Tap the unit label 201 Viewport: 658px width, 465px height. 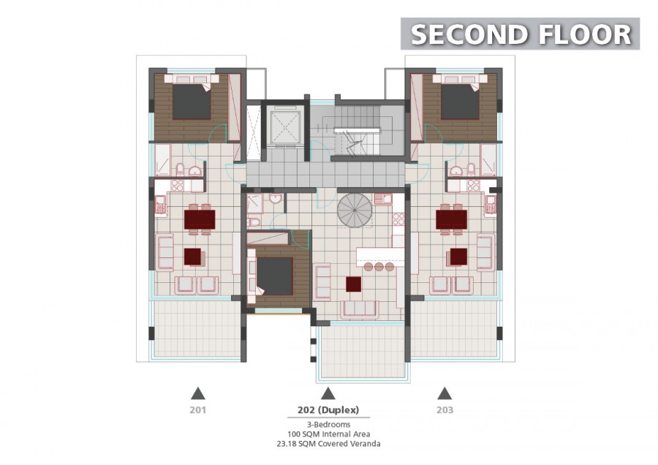(197, 409)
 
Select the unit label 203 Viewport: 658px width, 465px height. (445, 409)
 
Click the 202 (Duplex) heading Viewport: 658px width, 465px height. (328, 409)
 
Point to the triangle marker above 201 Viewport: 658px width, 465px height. (197, 393)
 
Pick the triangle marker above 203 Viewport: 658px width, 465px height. (445, 393)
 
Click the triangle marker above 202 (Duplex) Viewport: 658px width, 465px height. (328, 393)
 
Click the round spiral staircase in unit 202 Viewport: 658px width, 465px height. (355, 211)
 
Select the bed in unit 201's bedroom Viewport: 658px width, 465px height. (192, 98)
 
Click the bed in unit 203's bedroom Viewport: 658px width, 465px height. (460, 98)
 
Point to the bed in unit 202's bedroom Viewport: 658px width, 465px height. (271, 276)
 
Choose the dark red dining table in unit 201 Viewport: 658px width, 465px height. (200, 219)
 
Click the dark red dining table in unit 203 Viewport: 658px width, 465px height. (452, 219)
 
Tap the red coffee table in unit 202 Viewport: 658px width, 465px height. (353, 284)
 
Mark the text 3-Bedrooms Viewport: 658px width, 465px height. (328, 425)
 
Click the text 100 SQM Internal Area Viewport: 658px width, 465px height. (328, 434)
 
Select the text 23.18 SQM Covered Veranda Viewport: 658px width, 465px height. (328, 444)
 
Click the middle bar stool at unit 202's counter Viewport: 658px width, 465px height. (379, 266)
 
